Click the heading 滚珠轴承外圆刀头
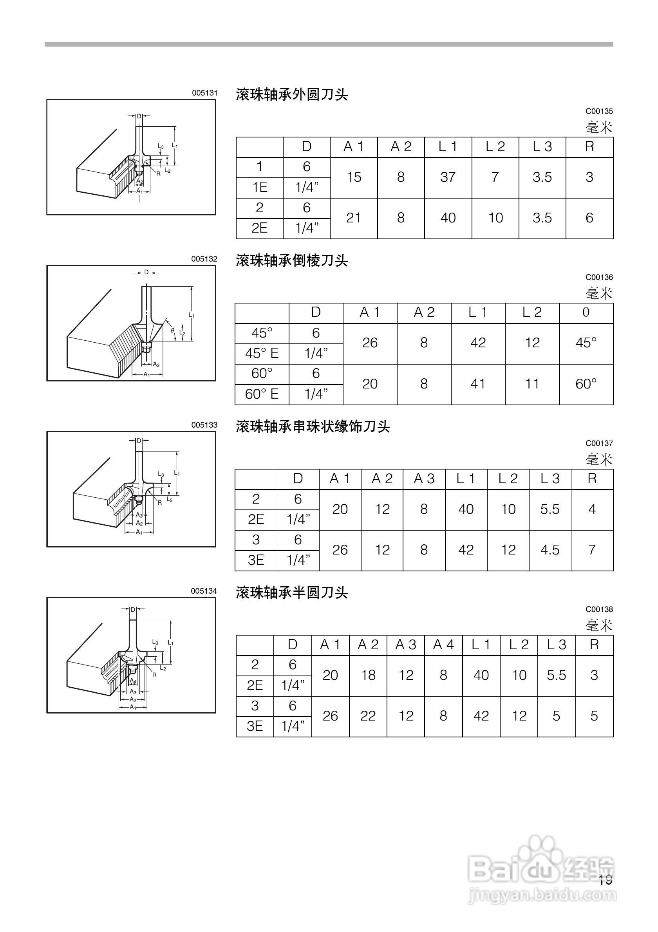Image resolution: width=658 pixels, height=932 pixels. tap(291, 95)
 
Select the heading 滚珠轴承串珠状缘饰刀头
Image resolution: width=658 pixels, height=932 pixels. tap(313, 426)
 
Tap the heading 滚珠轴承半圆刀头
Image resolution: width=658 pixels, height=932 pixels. tap(291, 592)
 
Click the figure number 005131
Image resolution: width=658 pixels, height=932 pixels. tap(204, 93)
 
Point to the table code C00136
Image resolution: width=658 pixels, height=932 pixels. tap(599, 277)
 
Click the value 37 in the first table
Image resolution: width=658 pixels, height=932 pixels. tap(448, 177)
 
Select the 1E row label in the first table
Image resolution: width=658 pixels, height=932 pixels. tap(259, 188)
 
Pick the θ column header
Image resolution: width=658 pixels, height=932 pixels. tap(586, 312)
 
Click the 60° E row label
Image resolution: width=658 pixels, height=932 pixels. tap(262, 394)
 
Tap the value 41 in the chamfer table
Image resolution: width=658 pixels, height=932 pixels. tap(478, 384)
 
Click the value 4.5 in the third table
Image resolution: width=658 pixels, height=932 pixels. tap(550, 550)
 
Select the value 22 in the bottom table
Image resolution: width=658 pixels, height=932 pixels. tap(368, 716)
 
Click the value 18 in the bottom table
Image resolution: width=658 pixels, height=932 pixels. tap(368, 675)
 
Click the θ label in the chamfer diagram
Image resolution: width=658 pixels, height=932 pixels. tap(172, 331)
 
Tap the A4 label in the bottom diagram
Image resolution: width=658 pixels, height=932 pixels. tap(133, 681)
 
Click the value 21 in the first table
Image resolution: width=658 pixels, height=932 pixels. tap(354, 218)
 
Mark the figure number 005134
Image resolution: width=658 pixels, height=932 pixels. tap(204, 591)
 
